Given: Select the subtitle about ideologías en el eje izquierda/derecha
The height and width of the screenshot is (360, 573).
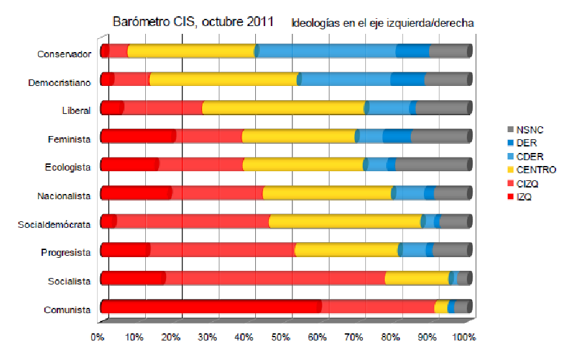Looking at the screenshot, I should [x=382, y=22].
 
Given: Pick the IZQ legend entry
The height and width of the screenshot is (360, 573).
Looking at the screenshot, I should [x=524, y=197].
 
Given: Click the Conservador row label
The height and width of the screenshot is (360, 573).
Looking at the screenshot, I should [x=63, y=54].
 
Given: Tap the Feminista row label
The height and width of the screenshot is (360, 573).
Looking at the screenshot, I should [x=68, y=139].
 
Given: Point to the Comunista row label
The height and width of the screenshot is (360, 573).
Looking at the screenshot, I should [x=66, y=310].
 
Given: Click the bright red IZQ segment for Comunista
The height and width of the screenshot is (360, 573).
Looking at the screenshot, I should [x=210, y=307].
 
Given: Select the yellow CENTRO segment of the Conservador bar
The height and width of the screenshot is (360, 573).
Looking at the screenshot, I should [x=191, y=51].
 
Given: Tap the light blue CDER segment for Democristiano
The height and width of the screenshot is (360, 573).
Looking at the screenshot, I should [x=345, y=79].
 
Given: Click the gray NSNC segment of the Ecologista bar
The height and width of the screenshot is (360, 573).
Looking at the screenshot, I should [x=432, y=165].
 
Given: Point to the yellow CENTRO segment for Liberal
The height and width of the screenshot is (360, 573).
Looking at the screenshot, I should [x=284, y=107].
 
